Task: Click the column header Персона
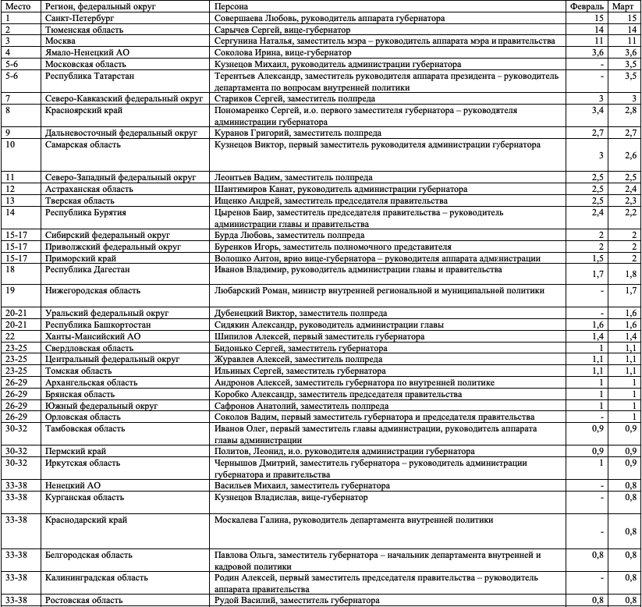tap(232, 6)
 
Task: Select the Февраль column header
tap(586, 6)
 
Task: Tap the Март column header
tap(623, 6)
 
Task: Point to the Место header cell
tap(17, 6)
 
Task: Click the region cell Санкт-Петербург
tap(79, 17)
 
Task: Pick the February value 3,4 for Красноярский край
tap(598, 112)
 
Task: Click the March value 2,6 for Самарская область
tap(630, 156)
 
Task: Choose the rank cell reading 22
tap(10, 335)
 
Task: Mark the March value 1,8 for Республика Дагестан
tap(630, 274)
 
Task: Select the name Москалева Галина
tap(251, 520)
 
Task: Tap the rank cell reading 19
tap(10, 290)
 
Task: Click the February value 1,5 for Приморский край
tap(598, 257)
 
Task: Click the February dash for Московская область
tap(602, 64)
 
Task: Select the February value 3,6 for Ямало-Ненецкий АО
tap(598, 52)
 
